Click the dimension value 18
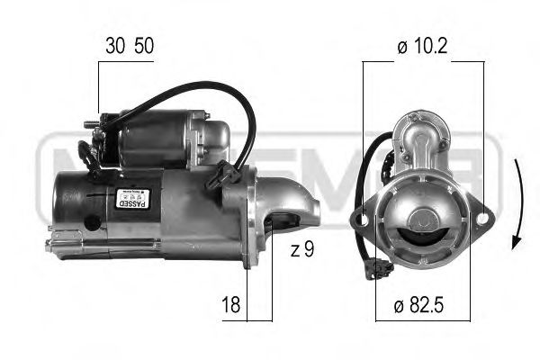click(x=230, y=307)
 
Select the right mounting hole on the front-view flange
click(x=485, y=215)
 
